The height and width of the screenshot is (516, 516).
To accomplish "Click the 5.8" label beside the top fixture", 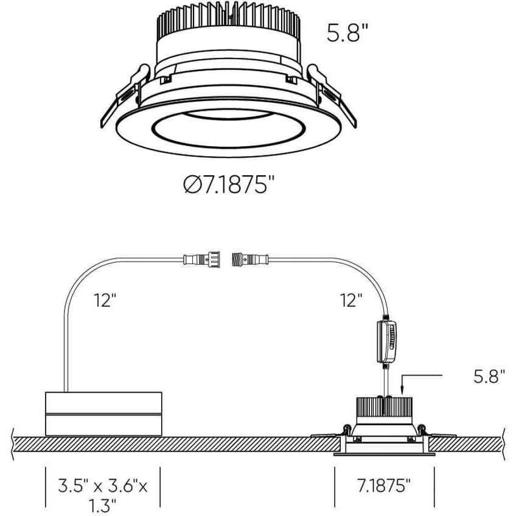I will pos(348,32).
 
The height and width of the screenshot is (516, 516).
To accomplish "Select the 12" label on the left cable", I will pos(105,300).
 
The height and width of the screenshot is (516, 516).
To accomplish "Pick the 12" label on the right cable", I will pos(351,299).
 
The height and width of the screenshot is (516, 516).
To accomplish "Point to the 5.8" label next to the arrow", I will pos(489,377).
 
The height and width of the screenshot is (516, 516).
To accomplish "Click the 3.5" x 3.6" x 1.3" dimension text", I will pos(103,493).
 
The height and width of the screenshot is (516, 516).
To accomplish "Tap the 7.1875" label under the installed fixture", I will pos(384,485).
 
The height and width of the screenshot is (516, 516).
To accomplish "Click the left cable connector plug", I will pos(204,260).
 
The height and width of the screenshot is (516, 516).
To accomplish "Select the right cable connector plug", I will pos(248,260).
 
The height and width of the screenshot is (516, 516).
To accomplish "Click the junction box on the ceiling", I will pos(104,414).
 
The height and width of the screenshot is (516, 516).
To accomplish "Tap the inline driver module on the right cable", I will pos(387,342).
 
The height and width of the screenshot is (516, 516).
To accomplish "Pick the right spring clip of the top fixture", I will pos(331,91).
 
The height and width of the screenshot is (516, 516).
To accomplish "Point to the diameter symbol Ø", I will pos(190,184).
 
